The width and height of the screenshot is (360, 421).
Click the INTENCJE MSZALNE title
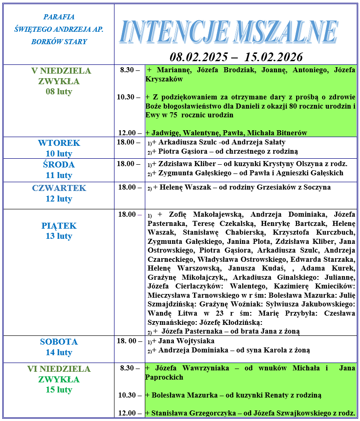(x=229, y=33)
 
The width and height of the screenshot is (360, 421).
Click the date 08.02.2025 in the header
(x=199, y=57)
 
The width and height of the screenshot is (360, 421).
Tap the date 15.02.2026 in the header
(x=274, y=57)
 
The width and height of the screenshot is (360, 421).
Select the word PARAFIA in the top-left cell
(x=59, y=17)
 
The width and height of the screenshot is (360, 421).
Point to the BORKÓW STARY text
(x=59, y=41)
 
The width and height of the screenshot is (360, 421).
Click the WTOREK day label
(x=59, y=143)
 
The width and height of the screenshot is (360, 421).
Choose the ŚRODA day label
(x=59, y=165)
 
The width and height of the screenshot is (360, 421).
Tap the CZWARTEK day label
(x=59, y=188)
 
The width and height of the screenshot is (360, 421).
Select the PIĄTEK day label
(x=59, y=226)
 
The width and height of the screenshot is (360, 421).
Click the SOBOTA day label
(x=59, y=342)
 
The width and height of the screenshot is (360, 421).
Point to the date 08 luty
(x=59, y=92)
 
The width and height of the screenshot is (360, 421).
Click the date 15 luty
(x=59, y=390)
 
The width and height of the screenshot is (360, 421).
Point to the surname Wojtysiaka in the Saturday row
(x=194, y=341)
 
